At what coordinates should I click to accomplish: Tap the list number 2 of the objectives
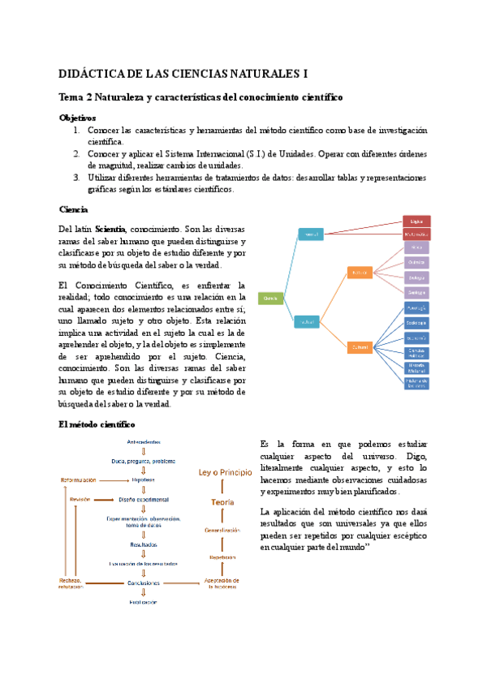pos(76,153)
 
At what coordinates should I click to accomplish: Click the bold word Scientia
pos(110,229)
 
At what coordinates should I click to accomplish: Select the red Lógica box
pos(416,220)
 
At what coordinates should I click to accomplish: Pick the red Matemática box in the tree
pos(416,234)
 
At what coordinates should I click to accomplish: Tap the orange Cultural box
pos(360,347)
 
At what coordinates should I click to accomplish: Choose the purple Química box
pos(416,262)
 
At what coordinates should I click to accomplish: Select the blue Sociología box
pos(416,322)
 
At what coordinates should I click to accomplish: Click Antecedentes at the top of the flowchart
pos(144,441)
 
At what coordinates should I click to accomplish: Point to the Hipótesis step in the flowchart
pos(144,479)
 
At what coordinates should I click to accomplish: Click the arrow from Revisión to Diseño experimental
pos(104,499)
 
